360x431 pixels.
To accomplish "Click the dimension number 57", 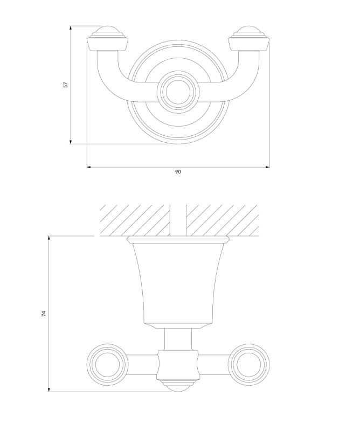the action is [65, 85].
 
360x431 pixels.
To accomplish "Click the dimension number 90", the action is [178, 172].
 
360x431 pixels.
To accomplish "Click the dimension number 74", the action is [44, 314].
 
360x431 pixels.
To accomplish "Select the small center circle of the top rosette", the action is [178, 92].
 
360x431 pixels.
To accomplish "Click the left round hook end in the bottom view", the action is [108, 365].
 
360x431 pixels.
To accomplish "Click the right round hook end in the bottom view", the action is [248, 365].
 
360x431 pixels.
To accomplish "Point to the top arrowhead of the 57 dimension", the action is [71, 29].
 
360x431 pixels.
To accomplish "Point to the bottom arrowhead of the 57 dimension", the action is [71, 141].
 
